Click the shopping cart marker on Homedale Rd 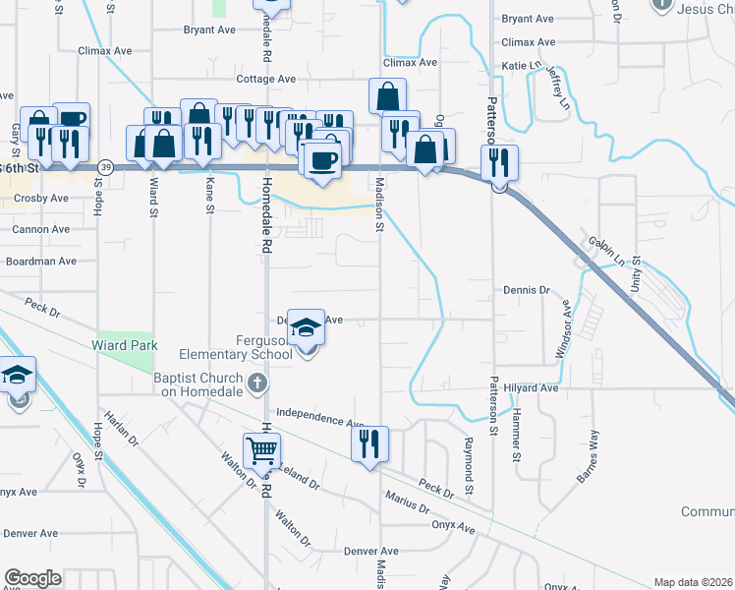pyautogui.click(x=262, y=451)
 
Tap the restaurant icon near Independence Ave pyautogui.click(x=370, y=443)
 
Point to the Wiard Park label pyautogui.click(x=125, y=345)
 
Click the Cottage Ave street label pyautogui.click(x=265, y=79)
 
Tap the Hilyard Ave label pyautogui.click(x=531, y=388)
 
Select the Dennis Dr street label pyautogui.click(x=527, y=290)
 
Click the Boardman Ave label pyautogui.click(x=40, y=262)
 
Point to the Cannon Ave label pyautogui.click(x=40, y=229)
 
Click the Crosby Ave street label pyautogui.click(x=41, y=198)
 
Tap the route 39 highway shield pyautogui.click(x=105, y=167)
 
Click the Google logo pyautogui.click(x=33, y=578)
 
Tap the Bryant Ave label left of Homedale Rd pyautogui.click(x=209, y=30)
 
